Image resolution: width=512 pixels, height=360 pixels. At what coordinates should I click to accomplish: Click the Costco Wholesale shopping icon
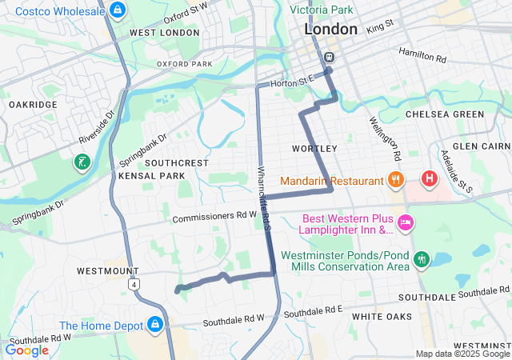click(118, 10)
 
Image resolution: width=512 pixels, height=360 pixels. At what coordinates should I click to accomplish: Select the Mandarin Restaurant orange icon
click(394, 180)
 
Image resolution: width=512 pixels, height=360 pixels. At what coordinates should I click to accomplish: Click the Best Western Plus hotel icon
click(405, 222)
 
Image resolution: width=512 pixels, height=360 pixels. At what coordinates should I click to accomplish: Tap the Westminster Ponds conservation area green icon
click(422, 259)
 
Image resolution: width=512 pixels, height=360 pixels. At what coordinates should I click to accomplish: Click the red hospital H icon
click(430, 178)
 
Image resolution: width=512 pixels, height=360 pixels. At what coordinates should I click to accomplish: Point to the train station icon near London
click(329, 58)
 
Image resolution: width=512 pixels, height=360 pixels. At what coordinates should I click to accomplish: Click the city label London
click(330, 30)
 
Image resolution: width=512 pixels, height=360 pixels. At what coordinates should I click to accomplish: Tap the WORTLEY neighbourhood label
click(314, 149)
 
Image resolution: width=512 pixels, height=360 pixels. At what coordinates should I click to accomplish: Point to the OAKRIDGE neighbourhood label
click(33, 105)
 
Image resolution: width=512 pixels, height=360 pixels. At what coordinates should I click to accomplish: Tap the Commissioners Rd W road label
click(215, 216)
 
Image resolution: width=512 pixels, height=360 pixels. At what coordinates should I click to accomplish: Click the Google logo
click(26, 350)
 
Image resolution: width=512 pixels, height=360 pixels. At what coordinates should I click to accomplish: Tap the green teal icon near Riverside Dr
click(82, 162)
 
